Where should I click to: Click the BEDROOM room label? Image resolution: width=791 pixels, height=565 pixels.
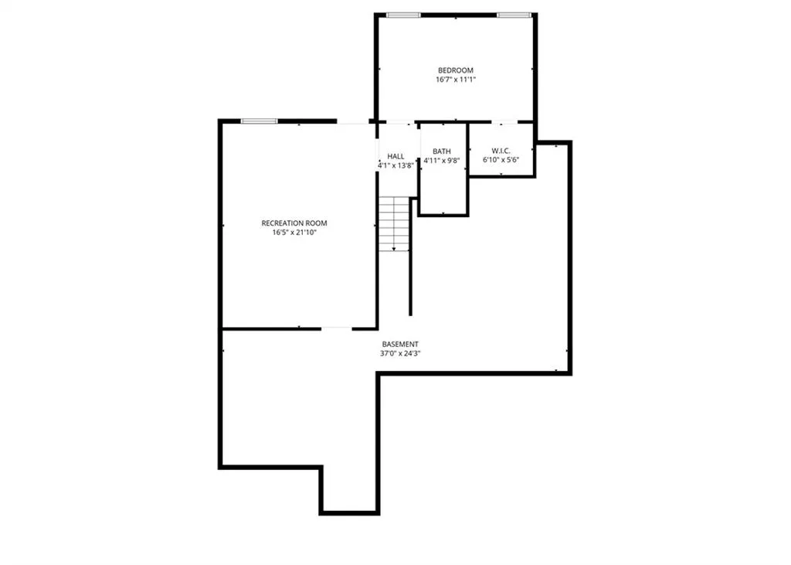click(456, 70)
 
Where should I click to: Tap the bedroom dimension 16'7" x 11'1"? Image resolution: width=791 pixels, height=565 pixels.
click(456, 80)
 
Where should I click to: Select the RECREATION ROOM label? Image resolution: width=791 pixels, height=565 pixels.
click(294, 223)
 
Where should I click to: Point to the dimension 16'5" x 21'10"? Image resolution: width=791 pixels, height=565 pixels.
click(294, 233)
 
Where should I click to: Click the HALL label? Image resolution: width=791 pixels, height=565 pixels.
click(395, 157)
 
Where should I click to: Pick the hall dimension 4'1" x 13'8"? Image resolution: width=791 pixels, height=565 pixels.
click(396, 165)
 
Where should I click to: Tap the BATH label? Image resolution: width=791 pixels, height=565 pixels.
click(442, 151)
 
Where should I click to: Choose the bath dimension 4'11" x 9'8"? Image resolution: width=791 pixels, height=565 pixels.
click(442, 161)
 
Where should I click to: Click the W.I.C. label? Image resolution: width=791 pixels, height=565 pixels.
click(501, 151)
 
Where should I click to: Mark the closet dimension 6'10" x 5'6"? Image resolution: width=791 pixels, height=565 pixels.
click(501, 160)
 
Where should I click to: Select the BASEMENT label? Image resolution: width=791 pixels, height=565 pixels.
click(400, 345)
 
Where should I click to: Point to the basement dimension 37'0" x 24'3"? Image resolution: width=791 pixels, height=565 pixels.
click(400, 353)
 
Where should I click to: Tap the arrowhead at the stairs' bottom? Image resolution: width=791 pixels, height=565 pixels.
click(394, 248)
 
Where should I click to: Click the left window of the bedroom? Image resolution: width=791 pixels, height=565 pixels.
click(403, 15)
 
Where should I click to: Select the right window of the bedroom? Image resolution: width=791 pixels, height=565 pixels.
click(514, 15)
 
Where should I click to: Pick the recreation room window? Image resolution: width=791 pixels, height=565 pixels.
click(259, 121)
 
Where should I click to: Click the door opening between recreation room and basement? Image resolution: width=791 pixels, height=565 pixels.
click(337, 328)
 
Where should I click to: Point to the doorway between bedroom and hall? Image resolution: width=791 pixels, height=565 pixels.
click(401, 121)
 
